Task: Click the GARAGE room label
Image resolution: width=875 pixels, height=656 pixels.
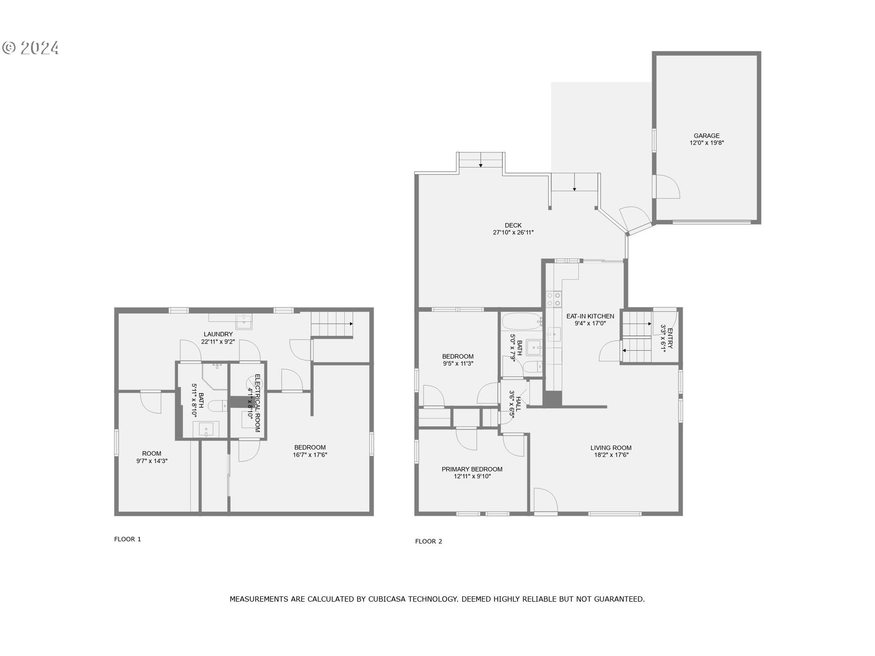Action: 706,136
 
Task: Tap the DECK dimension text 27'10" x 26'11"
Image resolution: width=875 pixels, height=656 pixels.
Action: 513,232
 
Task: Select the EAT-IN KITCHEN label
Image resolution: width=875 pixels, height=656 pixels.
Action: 590,316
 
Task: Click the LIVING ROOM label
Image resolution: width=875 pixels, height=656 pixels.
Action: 611,448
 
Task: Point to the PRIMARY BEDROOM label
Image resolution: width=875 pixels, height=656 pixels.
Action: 472,469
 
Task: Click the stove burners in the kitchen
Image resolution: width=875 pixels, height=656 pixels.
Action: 554,299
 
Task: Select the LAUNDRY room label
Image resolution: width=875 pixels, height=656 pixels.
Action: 218,334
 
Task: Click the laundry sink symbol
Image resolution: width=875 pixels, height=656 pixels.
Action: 244,321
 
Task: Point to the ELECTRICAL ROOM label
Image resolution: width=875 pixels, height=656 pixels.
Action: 257,403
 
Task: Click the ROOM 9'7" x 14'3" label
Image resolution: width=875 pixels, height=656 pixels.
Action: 152,454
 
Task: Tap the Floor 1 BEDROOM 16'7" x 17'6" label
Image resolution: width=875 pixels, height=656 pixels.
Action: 310,447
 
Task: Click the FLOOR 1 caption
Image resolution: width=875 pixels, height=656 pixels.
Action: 128,539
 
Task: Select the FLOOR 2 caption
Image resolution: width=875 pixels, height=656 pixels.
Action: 428,542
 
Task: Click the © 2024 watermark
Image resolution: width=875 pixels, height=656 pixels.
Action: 31,48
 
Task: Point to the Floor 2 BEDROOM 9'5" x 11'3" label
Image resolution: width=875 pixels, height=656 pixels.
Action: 458,357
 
